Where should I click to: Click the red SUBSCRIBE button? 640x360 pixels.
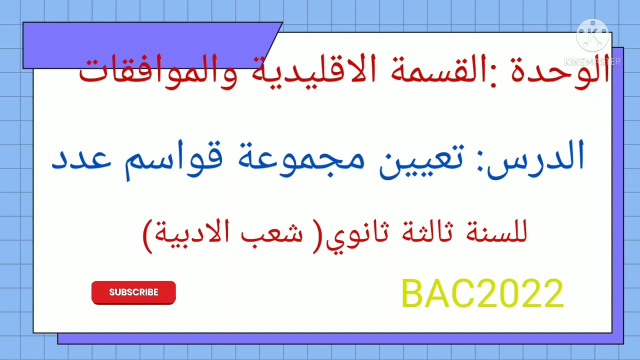pos(133,292)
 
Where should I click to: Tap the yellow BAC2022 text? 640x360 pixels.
pos(482,294)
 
